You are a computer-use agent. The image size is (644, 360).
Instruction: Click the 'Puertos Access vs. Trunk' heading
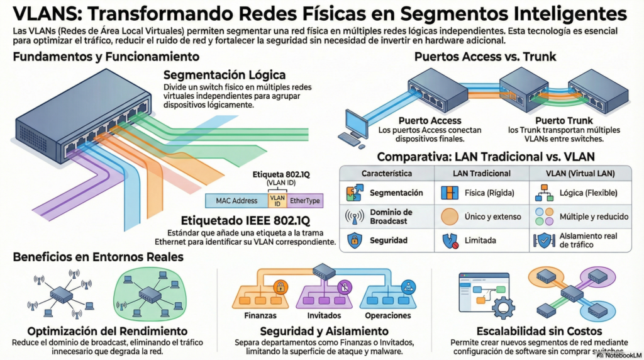(x=485, y=57)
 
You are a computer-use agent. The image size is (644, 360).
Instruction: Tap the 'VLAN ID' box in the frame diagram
(x=277, y=201)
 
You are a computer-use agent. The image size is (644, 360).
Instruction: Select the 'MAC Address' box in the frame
(x=236, y=201)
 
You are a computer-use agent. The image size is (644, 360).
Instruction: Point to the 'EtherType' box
(x=304, y=201)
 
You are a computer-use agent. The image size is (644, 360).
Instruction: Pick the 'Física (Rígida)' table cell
(x=488, y=193)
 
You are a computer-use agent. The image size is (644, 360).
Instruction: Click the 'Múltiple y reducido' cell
(x=589, y=217)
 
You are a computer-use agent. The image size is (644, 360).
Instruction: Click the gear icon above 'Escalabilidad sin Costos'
(x=502, y=308)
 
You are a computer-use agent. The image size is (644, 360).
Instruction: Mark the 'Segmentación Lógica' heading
(x=225, y=75)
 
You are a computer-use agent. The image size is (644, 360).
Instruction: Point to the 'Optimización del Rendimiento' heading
(x=107, y=331)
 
